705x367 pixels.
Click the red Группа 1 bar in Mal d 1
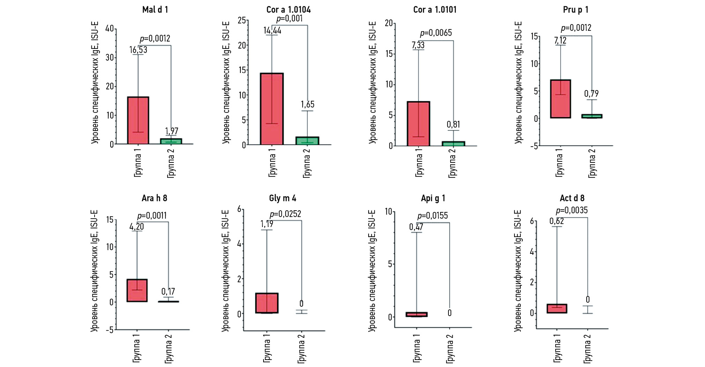pos(138,120)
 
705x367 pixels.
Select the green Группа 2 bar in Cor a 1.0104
pos(307,140)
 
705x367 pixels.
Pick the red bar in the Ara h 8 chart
pos(137,290)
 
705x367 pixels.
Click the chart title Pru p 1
pos(575,10)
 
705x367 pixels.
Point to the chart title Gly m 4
pos(282,198)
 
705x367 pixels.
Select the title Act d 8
pos(572,198)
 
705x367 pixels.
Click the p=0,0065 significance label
pos(436,33)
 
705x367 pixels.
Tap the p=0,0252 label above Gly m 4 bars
pos(285,214)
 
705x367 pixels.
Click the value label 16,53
pos(138,50)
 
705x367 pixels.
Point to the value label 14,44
pos(272,31)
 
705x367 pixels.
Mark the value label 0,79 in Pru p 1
pos(591,94)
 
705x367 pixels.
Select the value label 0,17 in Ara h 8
pos(168,292)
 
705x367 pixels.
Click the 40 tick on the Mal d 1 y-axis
pos(110,29)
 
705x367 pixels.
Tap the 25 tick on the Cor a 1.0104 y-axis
pos(242,20)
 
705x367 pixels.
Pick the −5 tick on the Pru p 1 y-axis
pos(534,146)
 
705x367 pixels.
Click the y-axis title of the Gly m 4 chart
pos(225,271)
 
